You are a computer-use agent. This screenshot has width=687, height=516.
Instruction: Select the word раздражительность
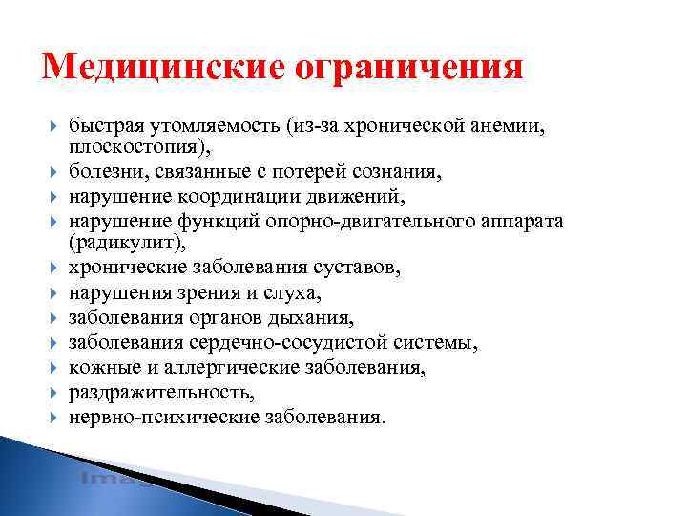tap(161, 393)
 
